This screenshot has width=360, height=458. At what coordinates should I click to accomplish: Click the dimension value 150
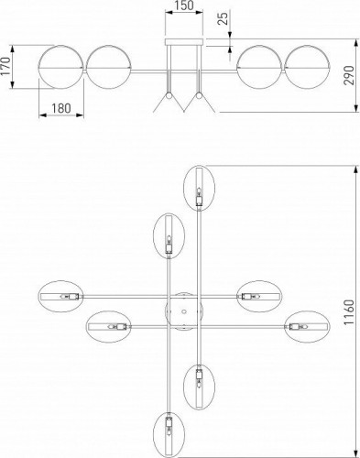pos(184,8)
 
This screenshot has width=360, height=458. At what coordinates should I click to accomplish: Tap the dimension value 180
pos(60,108)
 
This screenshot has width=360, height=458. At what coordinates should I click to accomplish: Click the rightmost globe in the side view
pos(305,67)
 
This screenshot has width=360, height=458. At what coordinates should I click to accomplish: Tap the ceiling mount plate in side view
pos(184,42)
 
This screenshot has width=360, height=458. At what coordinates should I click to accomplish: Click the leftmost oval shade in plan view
pos(60,296)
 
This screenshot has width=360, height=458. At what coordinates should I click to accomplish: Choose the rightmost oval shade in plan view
pos(306,326)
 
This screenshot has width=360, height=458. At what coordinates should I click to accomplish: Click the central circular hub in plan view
pos(183,310)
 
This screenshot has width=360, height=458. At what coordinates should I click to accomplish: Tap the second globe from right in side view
pos(258,67)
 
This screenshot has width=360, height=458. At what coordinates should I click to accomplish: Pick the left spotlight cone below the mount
pos(168,104)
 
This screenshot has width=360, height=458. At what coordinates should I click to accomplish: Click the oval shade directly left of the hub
pos(109,326)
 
